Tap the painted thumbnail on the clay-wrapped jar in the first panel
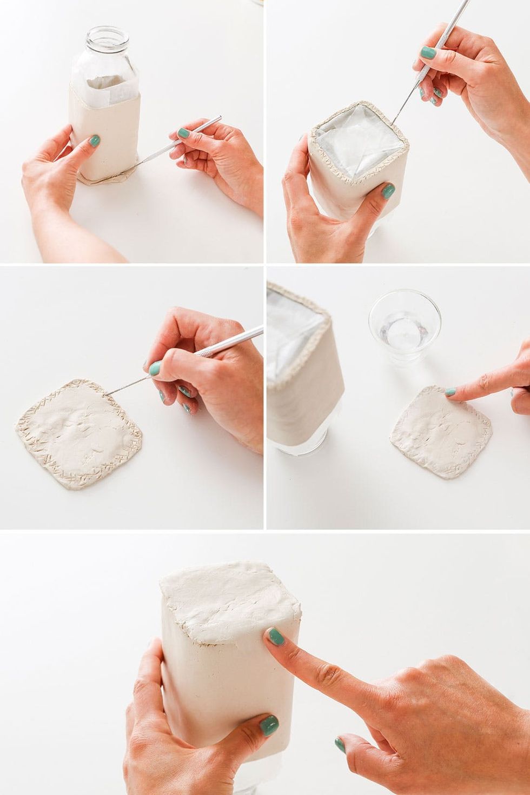(94, 141)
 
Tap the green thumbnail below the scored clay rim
(388, 190)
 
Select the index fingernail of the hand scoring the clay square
(155, 369)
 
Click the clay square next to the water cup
(441, 432)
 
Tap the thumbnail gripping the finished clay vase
(268, 725)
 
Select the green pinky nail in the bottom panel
(340, 745)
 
